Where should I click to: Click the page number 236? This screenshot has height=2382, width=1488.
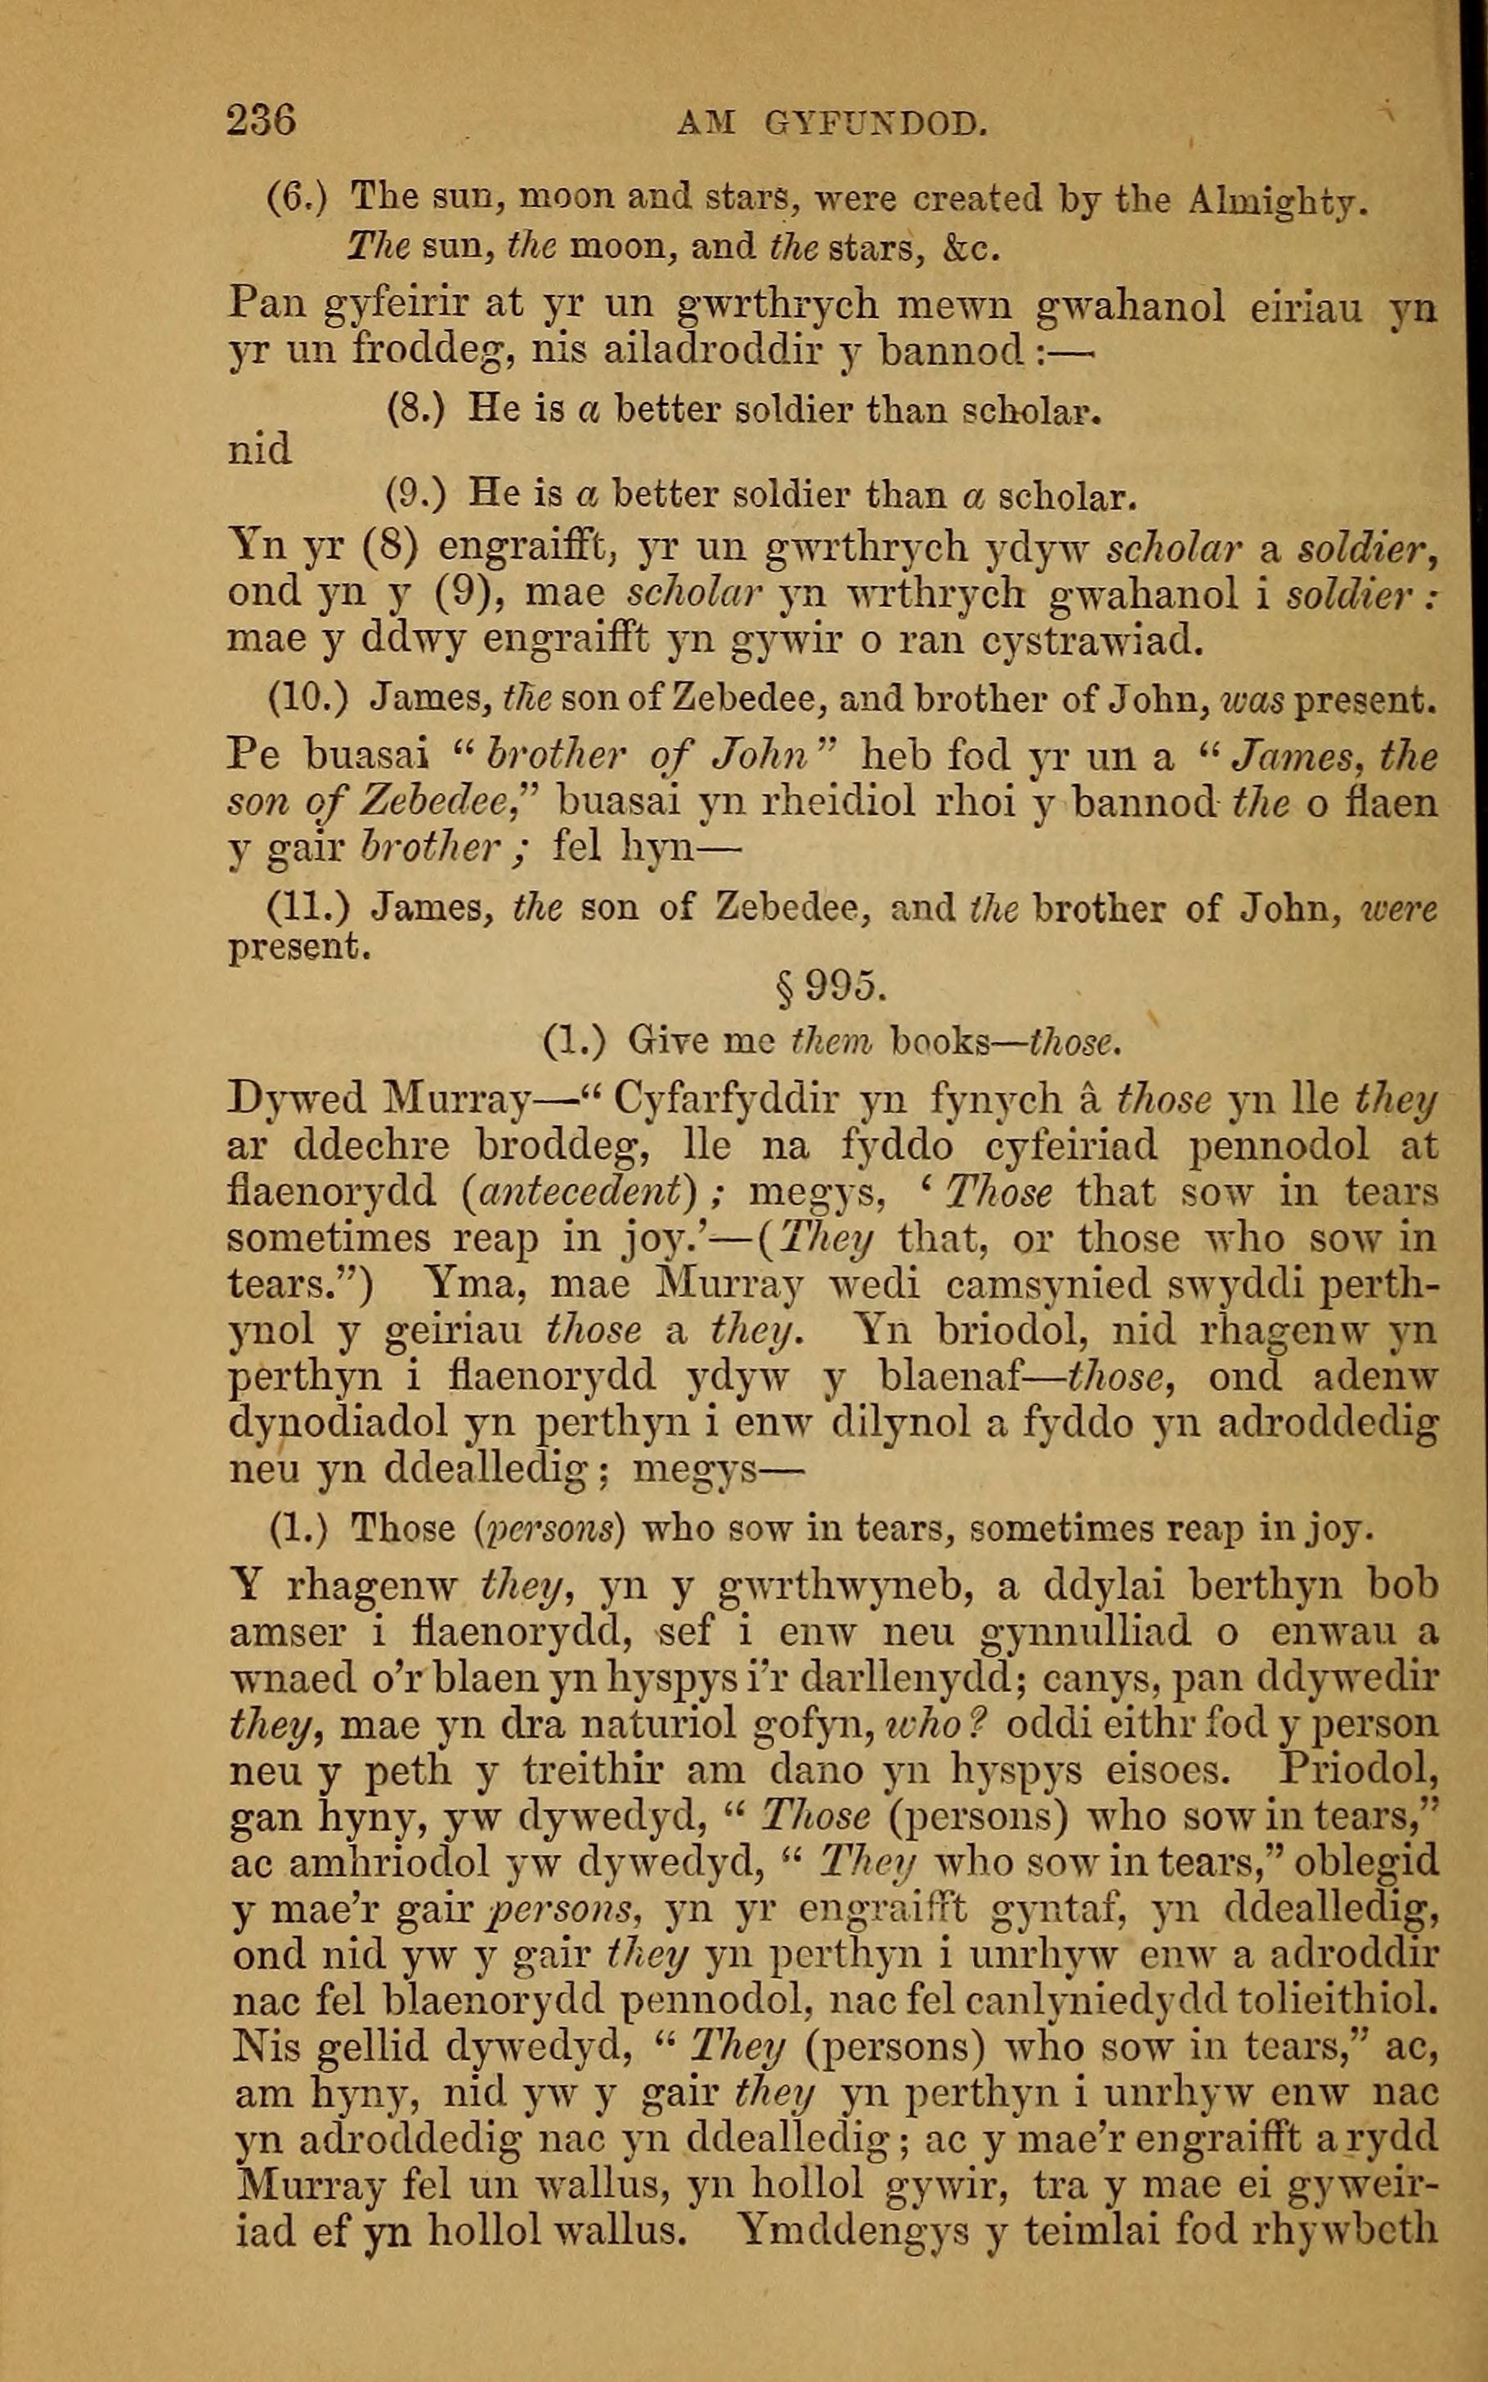[261, 122]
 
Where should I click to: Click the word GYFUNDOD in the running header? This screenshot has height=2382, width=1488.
[875, 125]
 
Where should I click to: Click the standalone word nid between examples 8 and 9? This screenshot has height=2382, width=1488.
[260, 451]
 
